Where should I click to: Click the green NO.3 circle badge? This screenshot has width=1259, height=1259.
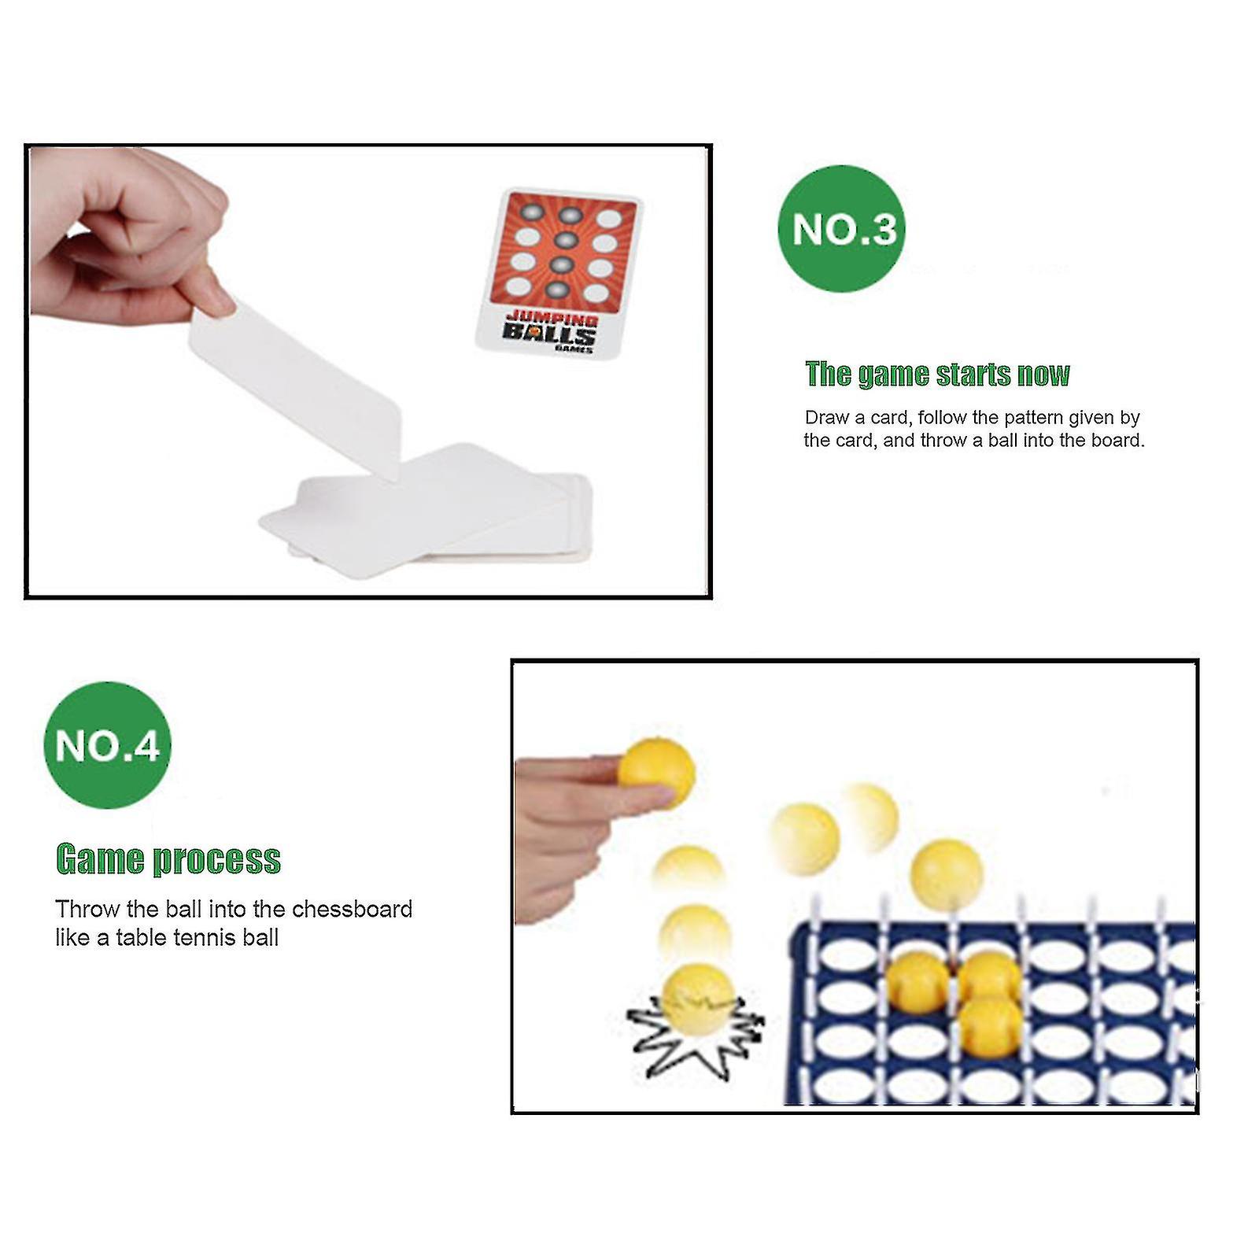[x=841, y=228]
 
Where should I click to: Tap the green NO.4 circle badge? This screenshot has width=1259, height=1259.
[x=107, y=744]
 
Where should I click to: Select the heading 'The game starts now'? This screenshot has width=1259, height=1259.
[x=937, y=375]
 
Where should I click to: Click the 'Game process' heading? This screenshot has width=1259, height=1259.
[x=168, y=858]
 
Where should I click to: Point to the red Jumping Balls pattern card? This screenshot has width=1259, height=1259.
[x=560, y=270]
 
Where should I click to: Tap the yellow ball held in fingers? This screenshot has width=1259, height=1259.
[x=657, y=773]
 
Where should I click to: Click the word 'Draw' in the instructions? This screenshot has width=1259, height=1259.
[x=826, y=418]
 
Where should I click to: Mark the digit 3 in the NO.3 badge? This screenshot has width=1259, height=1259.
[x=883, y=230]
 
